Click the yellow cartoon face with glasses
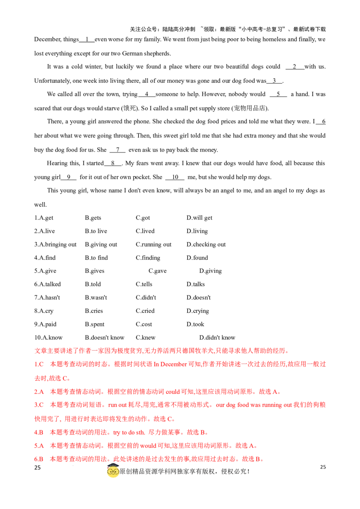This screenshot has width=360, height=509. [113, 472]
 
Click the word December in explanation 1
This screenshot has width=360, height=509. [173, 364]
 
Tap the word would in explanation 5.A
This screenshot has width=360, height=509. [147, 446]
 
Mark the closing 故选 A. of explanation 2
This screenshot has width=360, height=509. [270, 392]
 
